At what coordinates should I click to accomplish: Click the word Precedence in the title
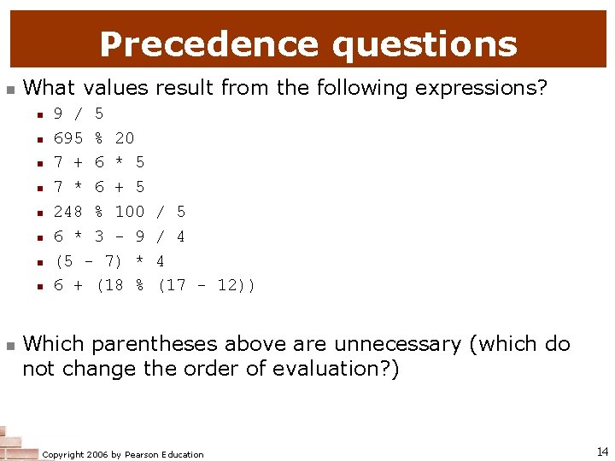(x=210, y=44)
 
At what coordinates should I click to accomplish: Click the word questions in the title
(x=425, y=44)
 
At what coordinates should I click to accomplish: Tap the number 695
(x=68, y=138)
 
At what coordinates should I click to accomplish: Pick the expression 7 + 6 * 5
(x=99, y=162)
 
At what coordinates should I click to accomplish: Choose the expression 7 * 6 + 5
(x=99, y=187)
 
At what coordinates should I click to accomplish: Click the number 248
(x=68, y=212)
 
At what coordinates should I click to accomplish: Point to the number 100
(x=130, y=212)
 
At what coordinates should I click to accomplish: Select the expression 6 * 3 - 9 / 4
(x=120, y=236)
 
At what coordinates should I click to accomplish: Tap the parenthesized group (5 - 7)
(x=89, y=261)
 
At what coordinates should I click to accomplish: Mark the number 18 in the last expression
(x=114, y=286)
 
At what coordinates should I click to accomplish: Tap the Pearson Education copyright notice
(x=123, y=454)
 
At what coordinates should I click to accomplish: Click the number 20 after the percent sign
(x=125, y=138)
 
